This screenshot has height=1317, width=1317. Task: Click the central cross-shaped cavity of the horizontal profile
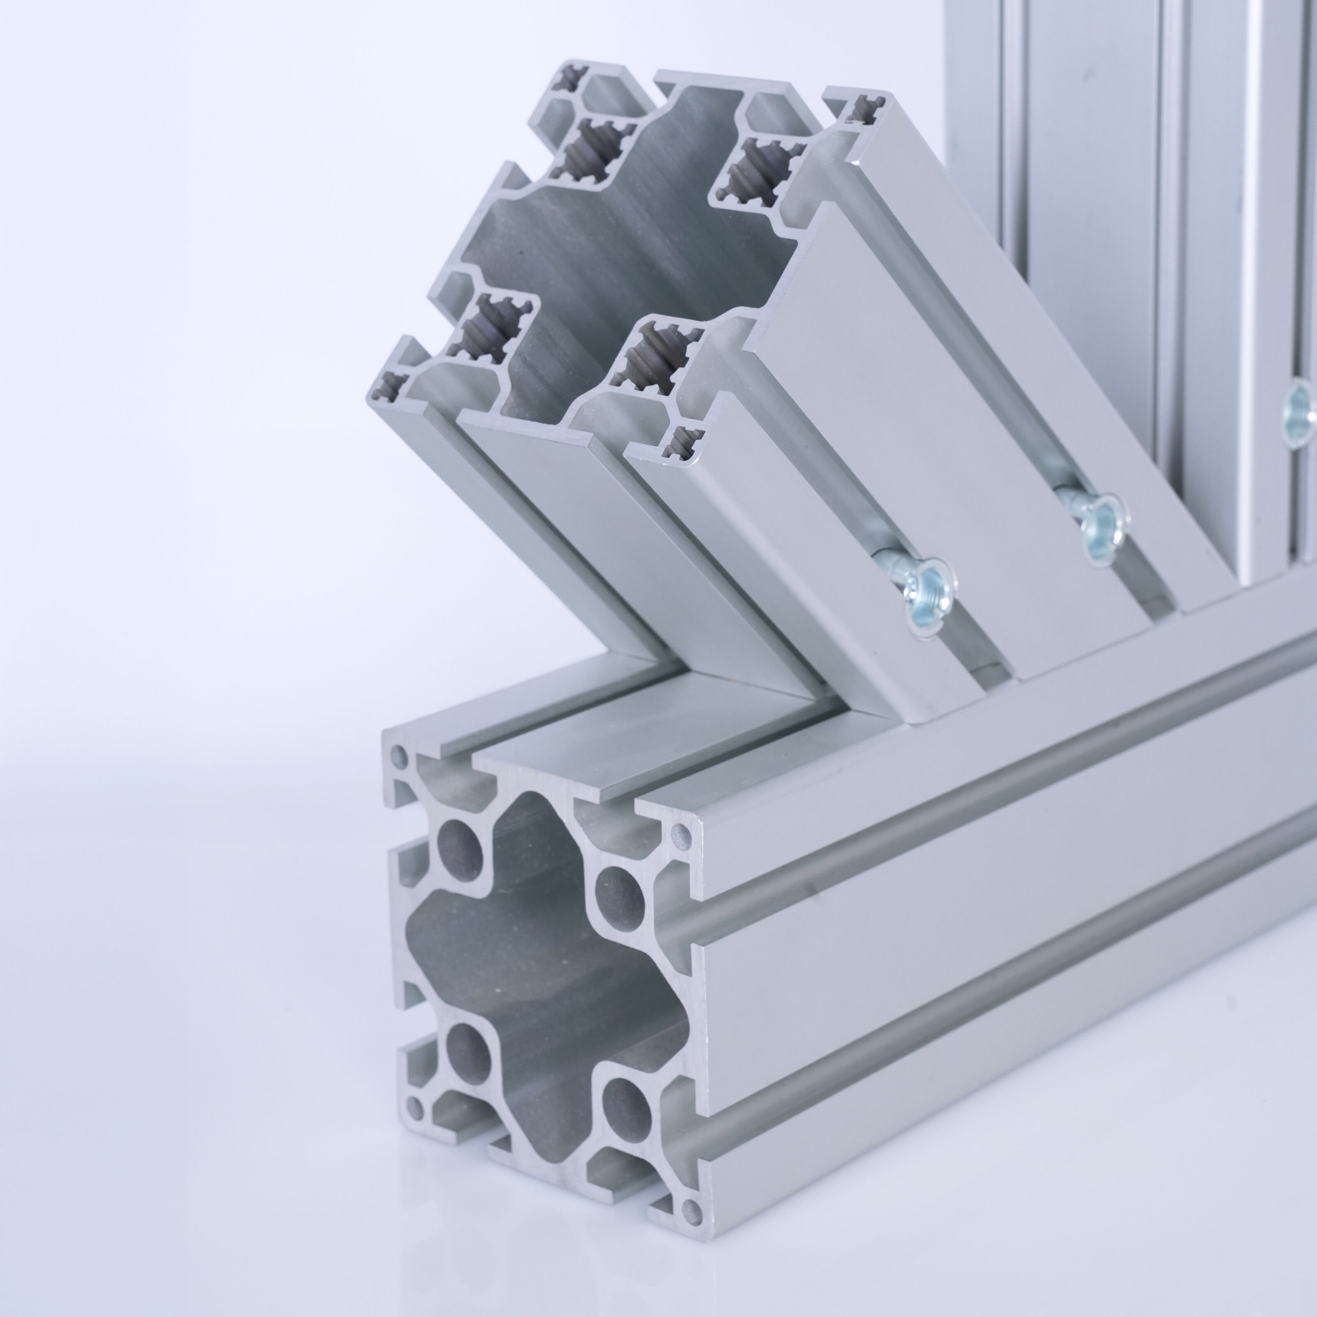[538, 975]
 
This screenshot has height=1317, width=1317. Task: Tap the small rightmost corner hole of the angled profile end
[867, 109]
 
